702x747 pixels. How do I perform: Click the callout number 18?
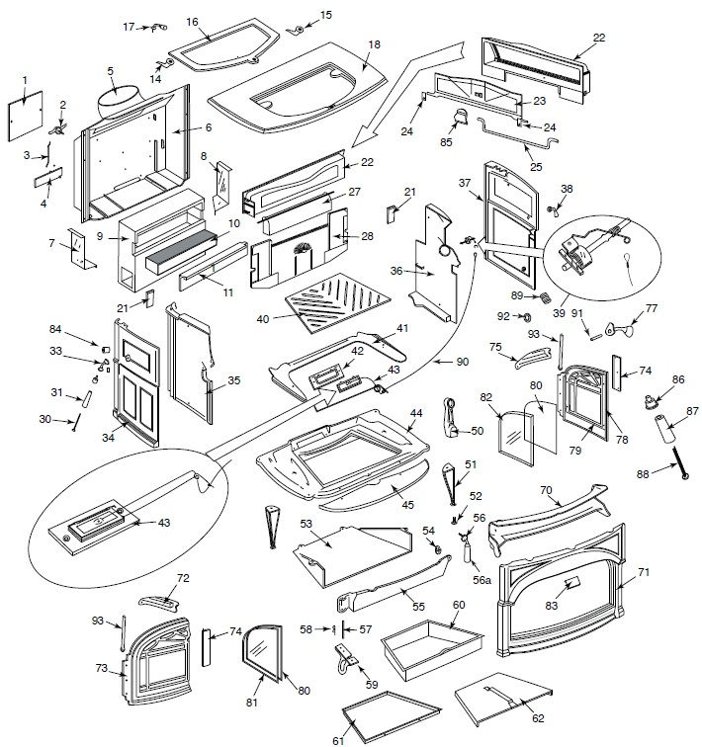(x=374, y=45)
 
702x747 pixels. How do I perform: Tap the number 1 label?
(x=26, y=79)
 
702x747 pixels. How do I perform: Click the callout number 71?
(x=644, y=571)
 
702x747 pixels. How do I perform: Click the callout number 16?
(x=192, y=21)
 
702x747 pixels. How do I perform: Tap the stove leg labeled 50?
(x=453, y=416)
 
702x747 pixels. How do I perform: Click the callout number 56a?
(x=482, y=580)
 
